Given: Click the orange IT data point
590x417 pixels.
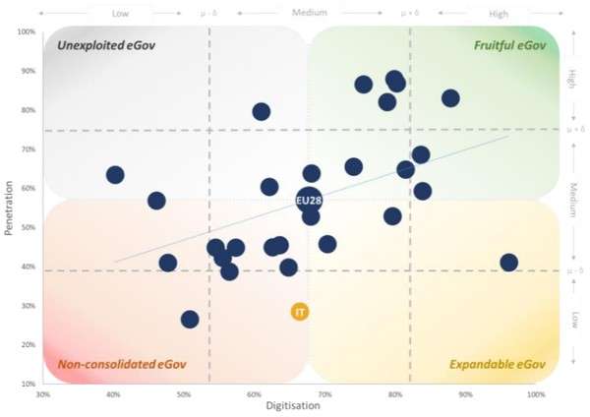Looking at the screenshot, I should coord(301,312).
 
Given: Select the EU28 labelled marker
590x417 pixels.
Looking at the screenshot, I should coord(309,201).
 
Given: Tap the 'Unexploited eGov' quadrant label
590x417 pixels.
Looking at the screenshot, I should coord(106,45).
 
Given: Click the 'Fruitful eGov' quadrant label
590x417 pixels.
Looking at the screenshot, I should coord(508,45).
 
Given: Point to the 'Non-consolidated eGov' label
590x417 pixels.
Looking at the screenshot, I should coord(121,365).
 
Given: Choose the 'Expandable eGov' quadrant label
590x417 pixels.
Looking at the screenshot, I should coord(497,365).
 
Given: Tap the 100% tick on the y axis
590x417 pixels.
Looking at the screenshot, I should coord(27,31).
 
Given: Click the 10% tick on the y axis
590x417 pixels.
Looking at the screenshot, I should coord(29,384).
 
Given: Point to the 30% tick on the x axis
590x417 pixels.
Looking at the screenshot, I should coord(42,393).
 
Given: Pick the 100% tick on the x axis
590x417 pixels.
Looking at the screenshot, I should coord(536,393).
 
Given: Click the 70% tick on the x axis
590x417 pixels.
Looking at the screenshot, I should coord(324,393).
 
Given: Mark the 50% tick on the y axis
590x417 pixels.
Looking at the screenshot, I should coord(29,227).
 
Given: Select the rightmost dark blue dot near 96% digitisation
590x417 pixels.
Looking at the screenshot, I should coord(508,263).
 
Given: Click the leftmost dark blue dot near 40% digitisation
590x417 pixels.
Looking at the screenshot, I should coord(115,175).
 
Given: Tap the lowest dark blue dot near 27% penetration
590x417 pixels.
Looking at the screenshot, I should coord(190,319).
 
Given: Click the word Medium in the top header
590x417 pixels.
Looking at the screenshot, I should coord(309,13).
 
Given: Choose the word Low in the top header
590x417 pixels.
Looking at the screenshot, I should coord(121,13).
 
